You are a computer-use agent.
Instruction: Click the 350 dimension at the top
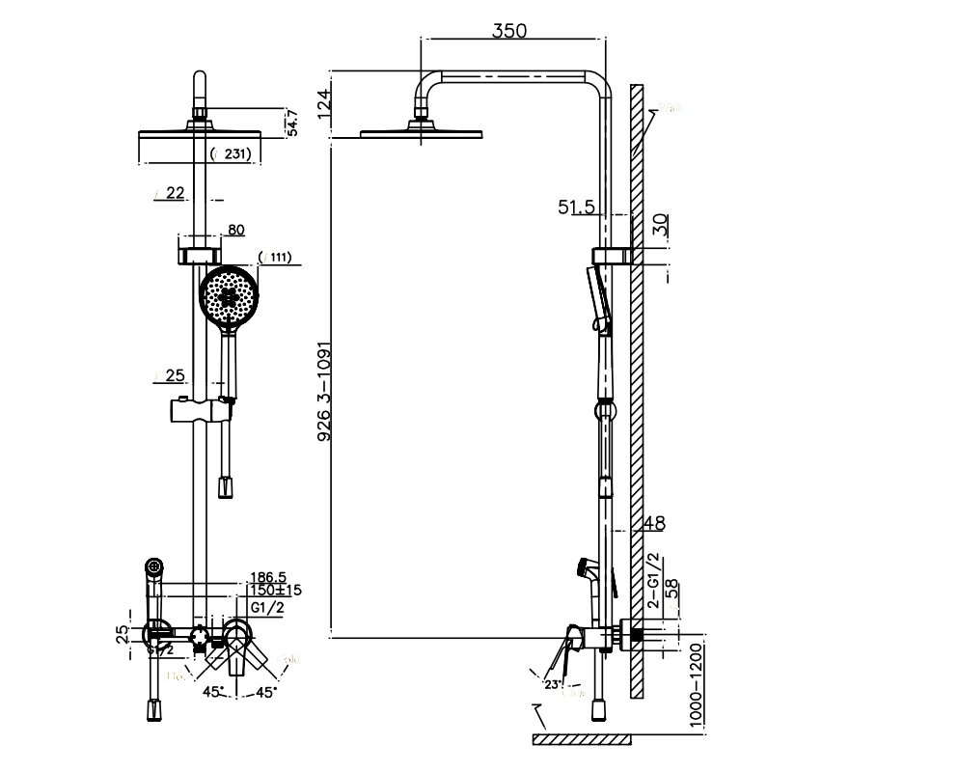tap(508, 30)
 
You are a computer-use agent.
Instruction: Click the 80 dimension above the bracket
tap(234, 230)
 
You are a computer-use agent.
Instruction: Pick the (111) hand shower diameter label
tap(276, 257)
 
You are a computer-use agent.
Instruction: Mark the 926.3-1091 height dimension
tap(324, 396)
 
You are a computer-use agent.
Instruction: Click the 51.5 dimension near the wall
tap(578, 206)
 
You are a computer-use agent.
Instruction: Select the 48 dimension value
tap(653, 523)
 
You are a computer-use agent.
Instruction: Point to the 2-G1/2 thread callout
tap(653, 580)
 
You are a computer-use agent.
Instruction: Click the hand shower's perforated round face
tap(229, 297)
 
